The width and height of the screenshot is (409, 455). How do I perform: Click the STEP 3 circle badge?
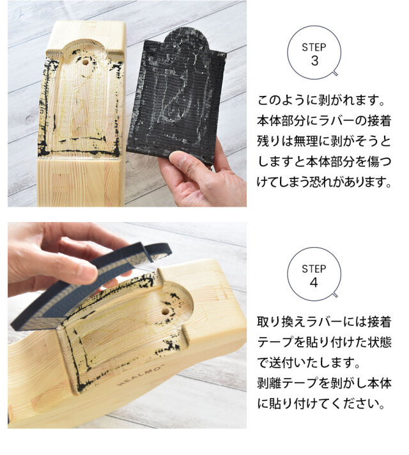coord(314,52)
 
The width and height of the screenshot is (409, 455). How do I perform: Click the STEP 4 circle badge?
coord(314,274)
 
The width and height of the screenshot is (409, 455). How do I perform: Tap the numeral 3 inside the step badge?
coord(314,61)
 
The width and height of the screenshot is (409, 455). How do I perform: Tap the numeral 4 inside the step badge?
coord(314,282)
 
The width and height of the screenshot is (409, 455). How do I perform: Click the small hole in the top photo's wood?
coord(85,62)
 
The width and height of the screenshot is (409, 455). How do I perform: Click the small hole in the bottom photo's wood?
coord(166,312)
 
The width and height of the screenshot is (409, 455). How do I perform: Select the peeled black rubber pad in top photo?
coord(176,96)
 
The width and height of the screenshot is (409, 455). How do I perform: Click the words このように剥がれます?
coord(321,100)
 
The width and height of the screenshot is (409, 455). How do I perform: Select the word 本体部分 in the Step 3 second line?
coord(282,121)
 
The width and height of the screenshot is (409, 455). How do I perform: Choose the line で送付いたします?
coord(309,362)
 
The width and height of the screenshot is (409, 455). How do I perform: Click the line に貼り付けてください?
coord(321,403)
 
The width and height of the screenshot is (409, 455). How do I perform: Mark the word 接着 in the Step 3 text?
coord(380,121)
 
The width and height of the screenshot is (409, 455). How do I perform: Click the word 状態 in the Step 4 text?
coord(380,342)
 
